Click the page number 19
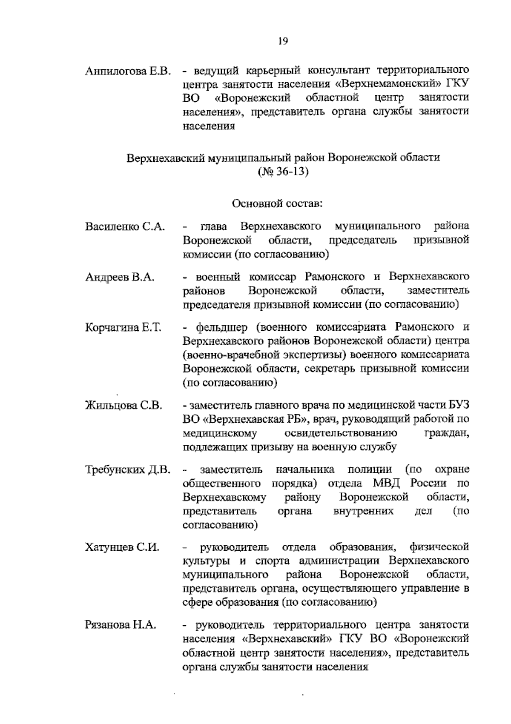click(x=283, y=41)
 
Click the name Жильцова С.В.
click(x=123, y=405)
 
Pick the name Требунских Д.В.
click(x=128, y=470)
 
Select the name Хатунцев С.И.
click(x=122, y=547)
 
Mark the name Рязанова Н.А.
click(x=121, y=625)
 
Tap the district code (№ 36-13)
click(x=283, y=172)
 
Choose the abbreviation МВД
click(x=388, y=484)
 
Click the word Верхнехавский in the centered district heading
click(x=165, y=158)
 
